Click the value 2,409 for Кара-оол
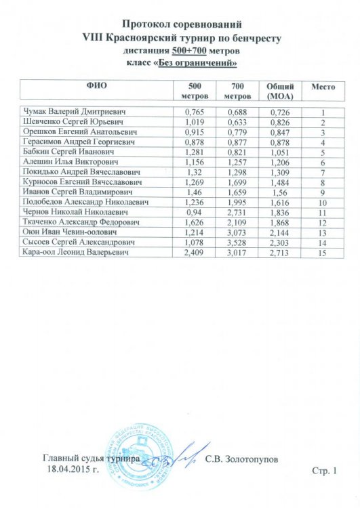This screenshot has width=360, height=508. [195, 253]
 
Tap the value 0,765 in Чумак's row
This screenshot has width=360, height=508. [195, 111]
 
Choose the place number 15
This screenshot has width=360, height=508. [323, 253]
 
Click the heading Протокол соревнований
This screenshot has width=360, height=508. [180, 24]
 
